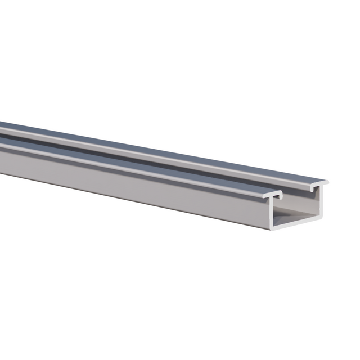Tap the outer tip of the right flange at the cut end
pos(327,182)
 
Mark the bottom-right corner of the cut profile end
pos(322,217)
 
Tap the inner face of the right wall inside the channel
pos(317,202)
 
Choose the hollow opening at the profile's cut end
pos(295,208)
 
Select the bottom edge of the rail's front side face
pos(141,205)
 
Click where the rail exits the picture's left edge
pos(2,146)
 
